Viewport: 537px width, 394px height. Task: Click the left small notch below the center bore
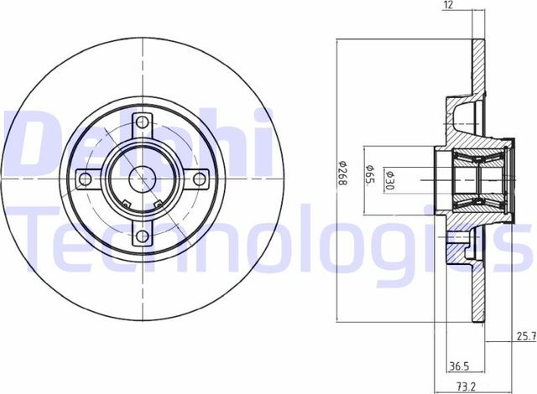(124, 201)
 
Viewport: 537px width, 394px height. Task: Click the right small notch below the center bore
(158, 201)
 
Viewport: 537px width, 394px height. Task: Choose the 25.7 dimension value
(523, 338)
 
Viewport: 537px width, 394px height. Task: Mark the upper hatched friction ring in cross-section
(479, 67)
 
